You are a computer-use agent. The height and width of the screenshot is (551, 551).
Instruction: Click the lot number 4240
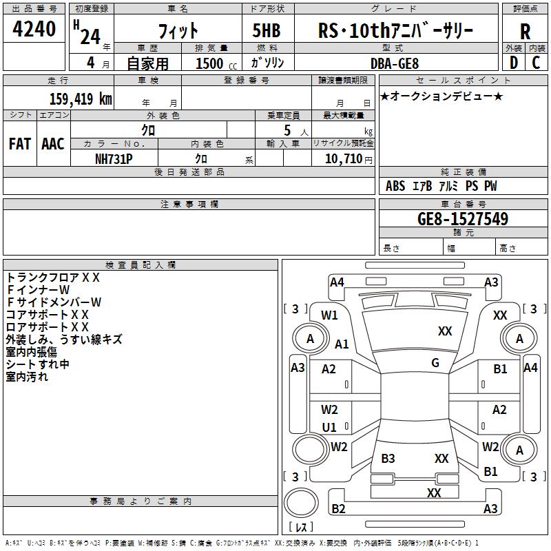click(x=34, y=29)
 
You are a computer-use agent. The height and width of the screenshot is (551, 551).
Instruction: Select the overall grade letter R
click(x=525, y=32)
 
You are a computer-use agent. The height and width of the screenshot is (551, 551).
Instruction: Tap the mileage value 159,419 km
click(x=81, y=99)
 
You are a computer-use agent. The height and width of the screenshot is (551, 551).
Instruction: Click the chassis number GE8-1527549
click(x=463, y=219)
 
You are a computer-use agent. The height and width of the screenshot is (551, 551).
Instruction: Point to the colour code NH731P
click(x=114, y=159)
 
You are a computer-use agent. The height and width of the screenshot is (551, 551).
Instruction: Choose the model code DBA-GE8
click(x=395, y=63)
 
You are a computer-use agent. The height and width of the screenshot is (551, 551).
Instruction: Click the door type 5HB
click(x=267, y=30)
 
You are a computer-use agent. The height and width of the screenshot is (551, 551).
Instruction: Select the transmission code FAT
click(x=20, y=144)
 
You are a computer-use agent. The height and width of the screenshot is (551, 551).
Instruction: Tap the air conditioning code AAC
click(x=53, y=144)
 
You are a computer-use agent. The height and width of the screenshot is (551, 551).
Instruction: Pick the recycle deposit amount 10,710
click(x=344, y=159)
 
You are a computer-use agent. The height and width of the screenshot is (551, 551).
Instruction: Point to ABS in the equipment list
click(x=395, y=186)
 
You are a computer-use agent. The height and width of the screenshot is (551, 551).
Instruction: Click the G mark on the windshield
click(x=435, y=363)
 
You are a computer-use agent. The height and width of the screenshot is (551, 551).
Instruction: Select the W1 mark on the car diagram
click(x=329, y=315)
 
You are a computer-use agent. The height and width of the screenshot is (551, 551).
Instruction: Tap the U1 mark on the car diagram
click(x=329, y=427)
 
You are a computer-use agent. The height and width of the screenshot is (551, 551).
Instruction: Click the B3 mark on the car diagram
click(x=388, y=458)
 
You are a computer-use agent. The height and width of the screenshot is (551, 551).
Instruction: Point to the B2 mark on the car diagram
click(x=338, y=508)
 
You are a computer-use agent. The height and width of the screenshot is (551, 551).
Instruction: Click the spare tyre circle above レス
click(x=301, y=503)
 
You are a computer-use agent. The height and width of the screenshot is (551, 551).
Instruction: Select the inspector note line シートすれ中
click(x=38, y=364)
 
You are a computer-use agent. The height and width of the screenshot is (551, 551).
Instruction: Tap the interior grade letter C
click(x=536, y=63)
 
